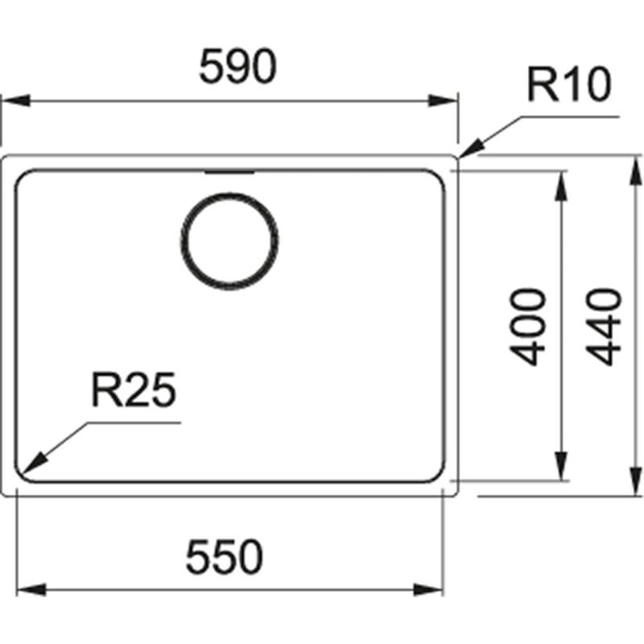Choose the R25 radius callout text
133,393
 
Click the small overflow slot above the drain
229,172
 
